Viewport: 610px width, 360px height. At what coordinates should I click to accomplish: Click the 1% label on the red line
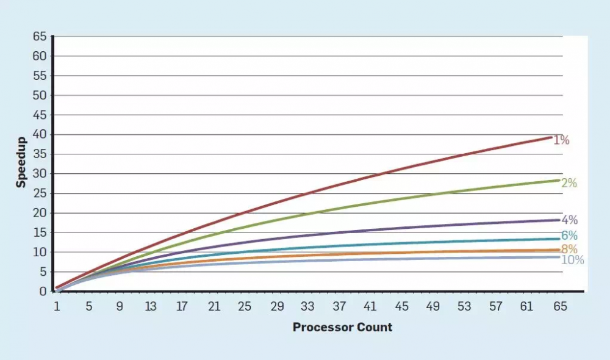(x=561, y=140)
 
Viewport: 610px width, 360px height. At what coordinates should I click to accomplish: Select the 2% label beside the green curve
(x=569, y=182)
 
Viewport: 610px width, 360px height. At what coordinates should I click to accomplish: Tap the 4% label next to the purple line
(x=570, y=220)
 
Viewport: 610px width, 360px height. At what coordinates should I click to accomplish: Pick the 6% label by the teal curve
(x=570, y=236)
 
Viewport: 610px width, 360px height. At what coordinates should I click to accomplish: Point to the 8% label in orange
(x=570, y=249)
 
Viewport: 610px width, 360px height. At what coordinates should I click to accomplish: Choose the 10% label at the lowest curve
(x=572, y=260)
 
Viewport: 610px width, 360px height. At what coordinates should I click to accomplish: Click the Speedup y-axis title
(x=21, y=164)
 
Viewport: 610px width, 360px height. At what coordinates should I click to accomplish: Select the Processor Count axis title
(x=342, y=327)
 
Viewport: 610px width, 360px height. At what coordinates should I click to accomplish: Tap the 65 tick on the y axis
(x=40, y=37)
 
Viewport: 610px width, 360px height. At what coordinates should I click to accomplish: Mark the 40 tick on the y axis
(x=40, y=134)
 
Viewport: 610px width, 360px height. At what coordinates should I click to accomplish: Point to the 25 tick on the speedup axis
(x=40, y=193)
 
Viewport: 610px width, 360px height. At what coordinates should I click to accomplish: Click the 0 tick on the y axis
(x=43, y=291)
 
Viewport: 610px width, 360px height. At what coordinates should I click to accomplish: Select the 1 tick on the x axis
(x=57, y=307)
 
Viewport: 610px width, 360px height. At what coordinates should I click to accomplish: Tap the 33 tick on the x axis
(x=308, y=307)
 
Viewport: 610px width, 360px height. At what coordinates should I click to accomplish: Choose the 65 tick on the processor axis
(x=560, y=307)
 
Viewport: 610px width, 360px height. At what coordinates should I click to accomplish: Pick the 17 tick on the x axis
(x=182, y=307)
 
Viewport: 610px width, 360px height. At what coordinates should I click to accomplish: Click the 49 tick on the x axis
(x=434, y=307)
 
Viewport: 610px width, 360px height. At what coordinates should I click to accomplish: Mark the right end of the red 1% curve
(x=551, y=137)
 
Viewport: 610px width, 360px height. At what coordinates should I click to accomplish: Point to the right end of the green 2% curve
(x=559, y=180)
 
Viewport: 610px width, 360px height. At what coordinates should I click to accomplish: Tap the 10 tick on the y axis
(x=40, y=252)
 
